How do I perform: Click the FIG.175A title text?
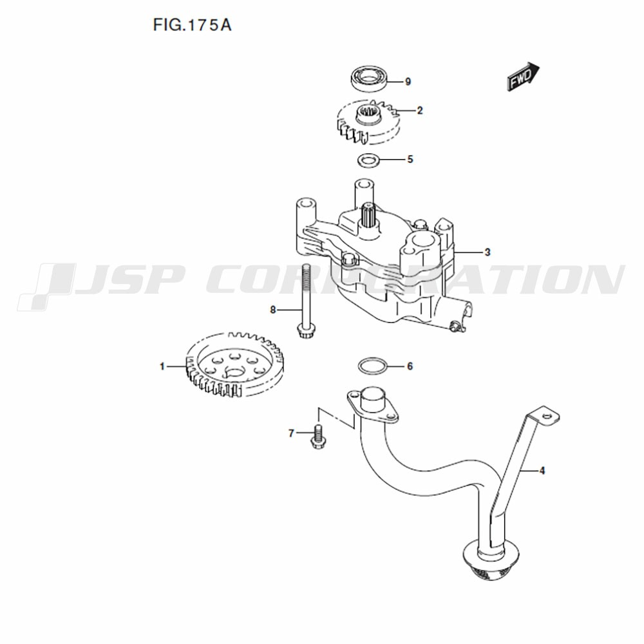tap(192, 26)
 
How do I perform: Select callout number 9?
tap(408, 82)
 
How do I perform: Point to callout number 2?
tap(420, 111)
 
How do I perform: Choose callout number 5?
tap(410, 159)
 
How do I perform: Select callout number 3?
tap(488, 252)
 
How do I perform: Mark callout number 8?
tap(273, 310)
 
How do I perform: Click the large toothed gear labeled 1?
tap(234, 368)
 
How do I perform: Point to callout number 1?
tap(163, 367)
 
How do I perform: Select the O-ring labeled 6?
tap(372, 366)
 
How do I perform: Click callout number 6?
tap(410, 366)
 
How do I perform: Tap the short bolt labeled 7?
tap(316, 437)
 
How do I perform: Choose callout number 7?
tap(291, 433)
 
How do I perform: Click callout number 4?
tap(542, 471)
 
